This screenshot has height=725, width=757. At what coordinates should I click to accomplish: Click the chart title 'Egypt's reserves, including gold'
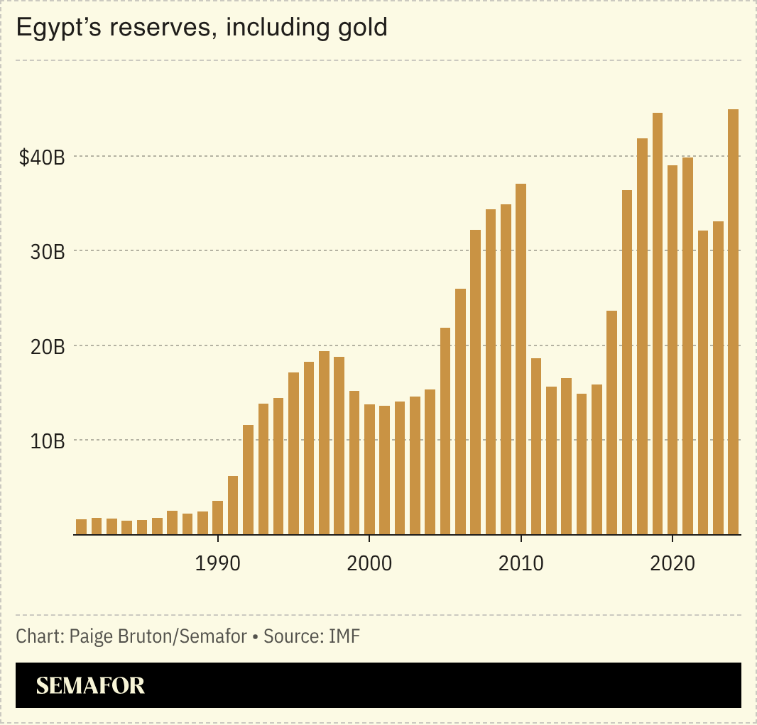(x=202, y=28)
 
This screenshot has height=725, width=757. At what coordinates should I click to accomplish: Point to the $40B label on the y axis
(x=42, y=157)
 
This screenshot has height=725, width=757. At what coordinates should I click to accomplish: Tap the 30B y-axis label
(x=47, y=252)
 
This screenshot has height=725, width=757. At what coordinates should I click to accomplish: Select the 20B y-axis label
(x=47, y=347)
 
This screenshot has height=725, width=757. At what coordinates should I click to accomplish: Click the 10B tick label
(x=47, y=441)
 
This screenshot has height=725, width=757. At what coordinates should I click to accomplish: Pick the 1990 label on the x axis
(x=217, y=564)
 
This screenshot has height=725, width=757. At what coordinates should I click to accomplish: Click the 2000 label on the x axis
(x=369, y=564)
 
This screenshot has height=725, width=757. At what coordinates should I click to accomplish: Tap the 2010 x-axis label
(x=521, y=564)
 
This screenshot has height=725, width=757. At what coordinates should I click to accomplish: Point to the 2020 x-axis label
(x=672, y=564)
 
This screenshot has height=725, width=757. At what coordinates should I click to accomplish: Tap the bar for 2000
(x=369, y=469)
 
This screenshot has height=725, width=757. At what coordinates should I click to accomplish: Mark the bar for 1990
(x=217, y=518)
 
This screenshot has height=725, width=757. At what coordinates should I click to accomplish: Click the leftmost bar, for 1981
(x=81, y=526)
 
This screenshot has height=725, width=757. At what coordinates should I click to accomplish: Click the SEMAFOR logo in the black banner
(x=90, y=685)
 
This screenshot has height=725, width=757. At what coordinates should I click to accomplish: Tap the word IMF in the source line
(x=344, y=636)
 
